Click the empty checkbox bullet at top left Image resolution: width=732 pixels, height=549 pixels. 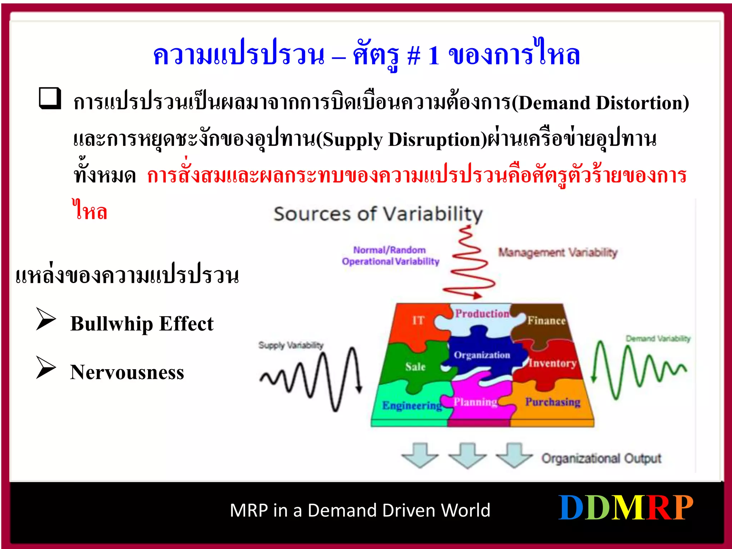50,98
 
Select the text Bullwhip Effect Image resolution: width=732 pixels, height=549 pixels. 142,324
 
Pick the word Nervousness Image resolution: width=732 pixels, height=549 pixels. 127,372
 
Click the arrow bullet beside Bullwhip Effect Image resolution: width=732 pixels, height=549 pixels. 46,319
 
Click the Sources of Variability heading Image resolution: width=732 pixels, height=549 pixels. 378,214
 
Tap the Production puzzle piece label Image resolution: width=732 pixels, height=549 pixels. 482,314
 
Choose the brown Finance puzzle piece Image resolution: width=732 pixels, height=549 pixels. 546,321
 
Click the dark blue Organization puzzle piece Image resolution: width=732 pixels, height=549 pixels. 482,355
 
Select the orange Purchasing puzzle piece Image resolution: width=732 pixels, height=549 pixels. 552,402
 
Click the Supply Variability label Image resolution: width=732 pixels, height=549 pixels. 291,345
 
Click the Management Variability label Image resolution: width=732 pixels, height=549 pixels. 558,253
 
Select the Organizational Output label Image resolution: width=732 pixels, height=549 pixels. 601,458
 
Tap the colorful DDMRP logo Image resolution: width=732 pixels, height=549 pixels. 625,508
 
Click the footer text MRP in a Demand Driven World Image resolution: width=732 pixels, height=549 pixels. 360,510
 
